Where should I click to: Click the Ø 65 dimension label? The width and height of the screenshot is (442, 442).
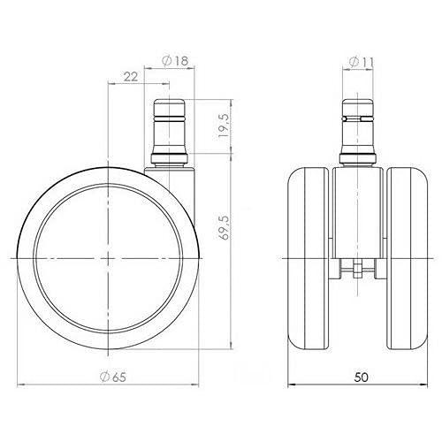click(x=113, y=377)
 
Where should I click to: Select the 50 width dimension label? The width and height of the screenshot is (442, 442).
click(x=361, y=377)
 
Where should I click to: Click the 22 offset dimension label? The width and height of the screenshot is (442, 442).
click(x=131, y=77)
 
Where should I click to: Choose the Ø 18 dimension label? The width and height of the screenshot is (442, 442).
click(x=175, y=61)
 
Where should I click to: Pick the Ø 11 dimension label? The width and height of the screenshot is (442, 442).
click(x=362, y=62)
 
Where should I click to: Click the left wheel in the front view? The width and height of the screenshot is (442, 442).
click(x=308, y=259)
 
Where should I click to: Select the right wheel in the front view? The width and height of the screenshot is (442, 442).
click(x=408, y=259)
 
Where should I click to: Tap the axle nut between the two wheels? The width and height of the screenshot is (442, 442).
click(x=357, y=271)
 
